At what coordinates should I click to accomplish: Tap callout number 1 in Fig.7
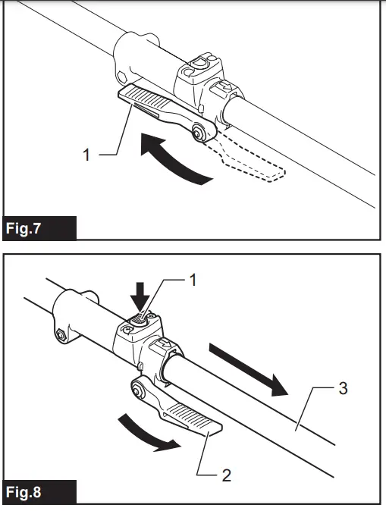[x=86, y=155]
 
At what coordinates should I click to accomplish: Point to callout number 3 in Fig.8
[x=343, y=390]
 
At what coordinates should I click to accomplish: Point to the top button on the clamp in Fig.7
[x=201, y=63]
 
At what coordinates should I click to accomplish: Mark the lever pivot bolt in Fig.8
[x=139, y=390]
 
